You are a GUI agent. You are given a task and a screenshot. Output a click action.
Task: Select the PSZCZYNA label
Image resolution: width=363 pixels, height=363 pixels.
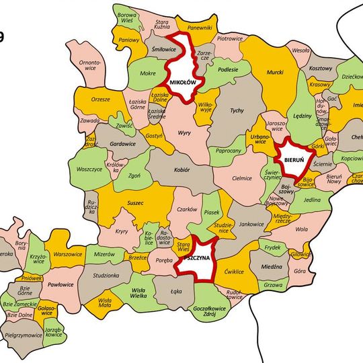tap(198, 257)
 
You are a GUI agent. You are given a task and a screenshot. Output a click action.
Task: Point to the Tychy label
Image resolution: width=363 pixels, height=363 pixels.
tap(236, 110)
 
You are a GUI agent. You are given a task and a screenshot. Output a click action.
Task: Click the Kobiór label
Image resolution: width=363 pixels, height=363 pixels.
tap(182, 171)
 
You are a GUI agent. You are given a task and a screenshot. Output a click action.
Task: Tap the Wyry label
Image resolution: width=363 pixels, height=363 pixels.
tap(184, 133)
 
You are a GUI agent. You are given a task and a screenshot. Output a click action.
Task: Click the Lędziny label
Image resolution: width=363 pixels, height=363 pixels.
tap(302, 116)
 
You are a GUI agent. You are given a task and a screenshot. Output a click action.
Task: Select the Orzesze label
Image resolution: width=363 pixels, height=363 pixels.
tap(101, 99)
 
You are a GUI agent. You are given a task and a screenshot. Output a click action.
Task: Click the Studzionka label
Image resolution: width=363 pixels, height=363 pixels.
tap(107, 275)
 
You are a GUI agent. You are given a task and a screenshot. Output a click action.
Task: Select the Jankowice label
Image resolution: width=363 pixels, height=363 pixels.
tap(251, 225)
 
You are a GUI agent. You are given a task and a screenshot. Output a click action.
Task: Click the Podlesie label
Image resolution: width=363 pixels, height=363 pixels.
tap(229, 70)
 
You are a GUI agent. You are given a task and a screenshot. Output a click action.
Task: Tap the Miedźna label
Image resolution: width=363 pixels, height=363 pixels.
tap(271, 266)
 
